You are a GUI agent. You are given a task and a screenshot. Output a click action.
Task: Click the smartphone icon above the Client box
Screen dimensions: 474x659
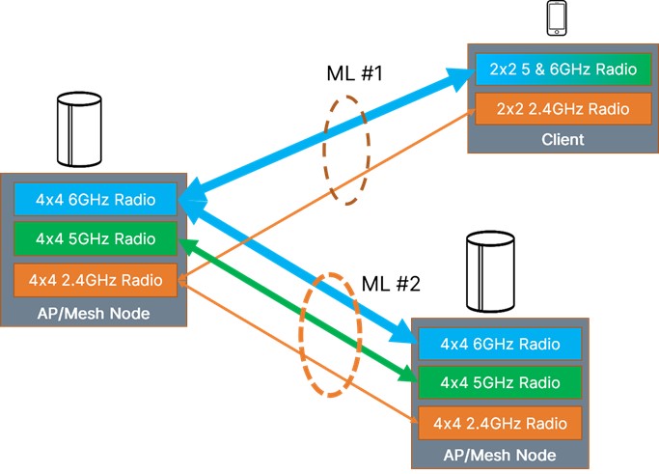(x=558, y=16)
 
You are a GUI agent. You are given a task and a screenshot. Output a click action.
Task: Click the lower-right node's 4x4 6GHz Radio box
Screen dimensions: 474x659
(x=499, y=343)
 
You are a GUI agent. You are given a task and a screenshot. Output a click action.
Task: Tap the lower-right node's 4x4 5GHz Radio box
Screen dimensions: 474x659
(x=499, y=381)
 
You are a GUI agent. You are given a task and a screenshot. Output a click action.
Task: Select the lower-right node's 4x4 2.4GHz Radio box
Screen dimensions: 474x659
(x=499, y=422)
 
